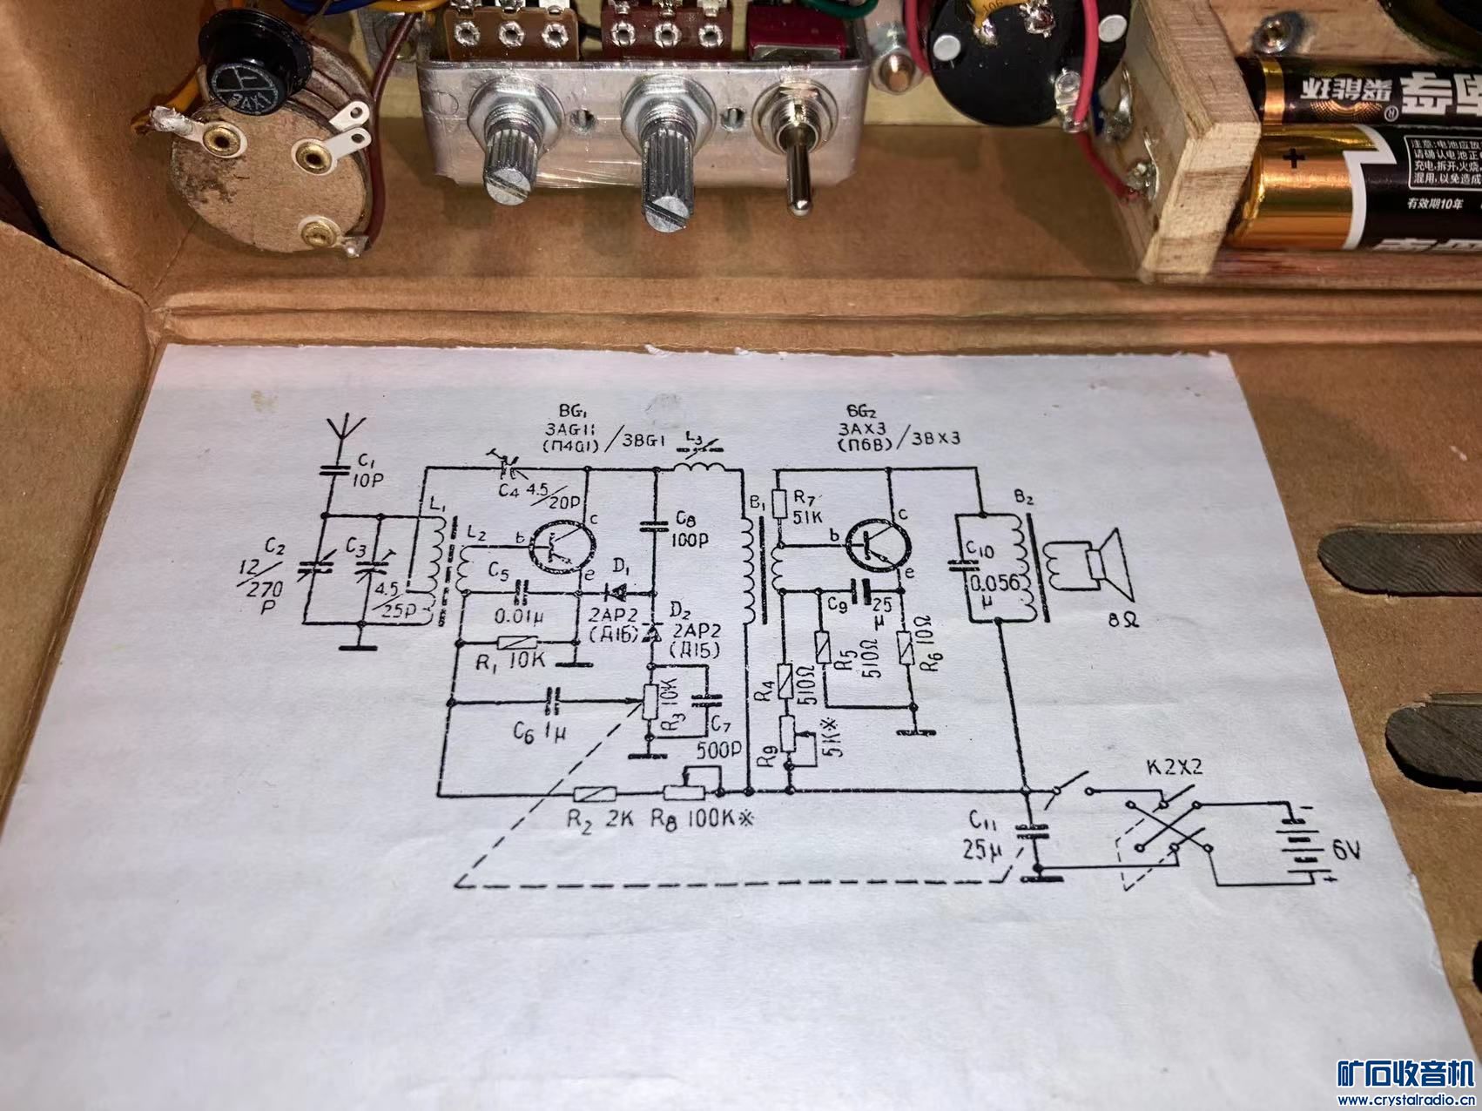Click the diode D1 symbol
pyautogui.click(x=617, y=593)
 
